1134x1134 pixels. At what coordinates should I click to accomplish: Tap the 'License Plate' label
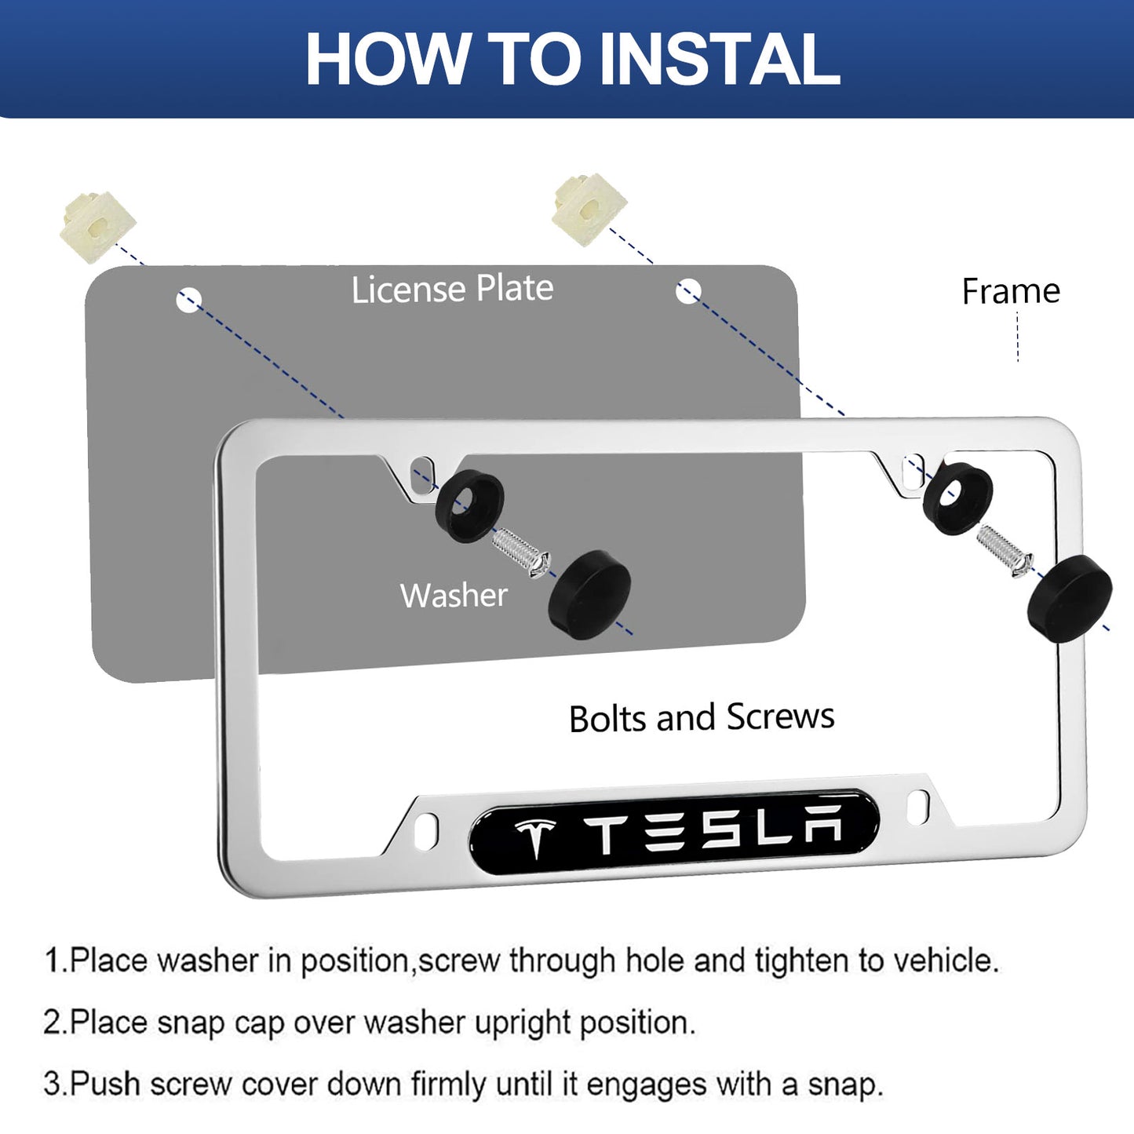click(452, 289)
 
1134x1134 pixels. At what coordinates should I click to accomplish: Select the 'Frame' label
click(1011, 290)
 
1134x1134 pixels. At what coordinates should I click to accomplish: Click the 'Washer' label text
click(454, 595)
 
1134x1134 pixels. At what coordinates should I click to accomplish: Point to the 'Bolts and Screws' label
click(702, 717)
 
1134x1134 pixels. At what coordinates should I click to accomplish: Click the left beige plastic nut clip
click(97, 227)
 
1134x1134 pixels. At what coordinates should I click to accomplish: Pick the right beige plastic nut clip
click(589, 210)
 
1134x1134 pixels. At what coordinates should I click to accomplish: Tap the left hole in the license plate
click(189, 300)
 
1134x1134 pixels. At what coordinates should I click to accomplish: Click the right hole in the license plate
click(688, 290)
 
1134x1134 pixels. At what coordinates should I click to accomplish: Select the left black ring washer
click(469, 505)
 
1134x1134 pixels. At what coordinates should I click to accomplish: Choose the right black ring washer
click(957, 498)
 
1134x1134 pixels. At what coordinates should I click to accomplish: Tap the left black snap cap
click(589, 594)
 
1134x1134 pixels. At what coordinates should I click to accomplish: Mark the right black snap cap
click(1070, 599)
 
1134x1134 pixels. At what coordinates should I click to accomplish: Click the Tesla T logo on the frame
click(535, 837)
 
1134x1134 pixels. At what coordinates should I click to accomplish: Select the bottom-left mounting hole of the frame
click(427, 831)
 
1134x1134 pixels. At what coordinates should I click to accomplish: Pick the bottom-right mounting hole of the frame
click(918, 808)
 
